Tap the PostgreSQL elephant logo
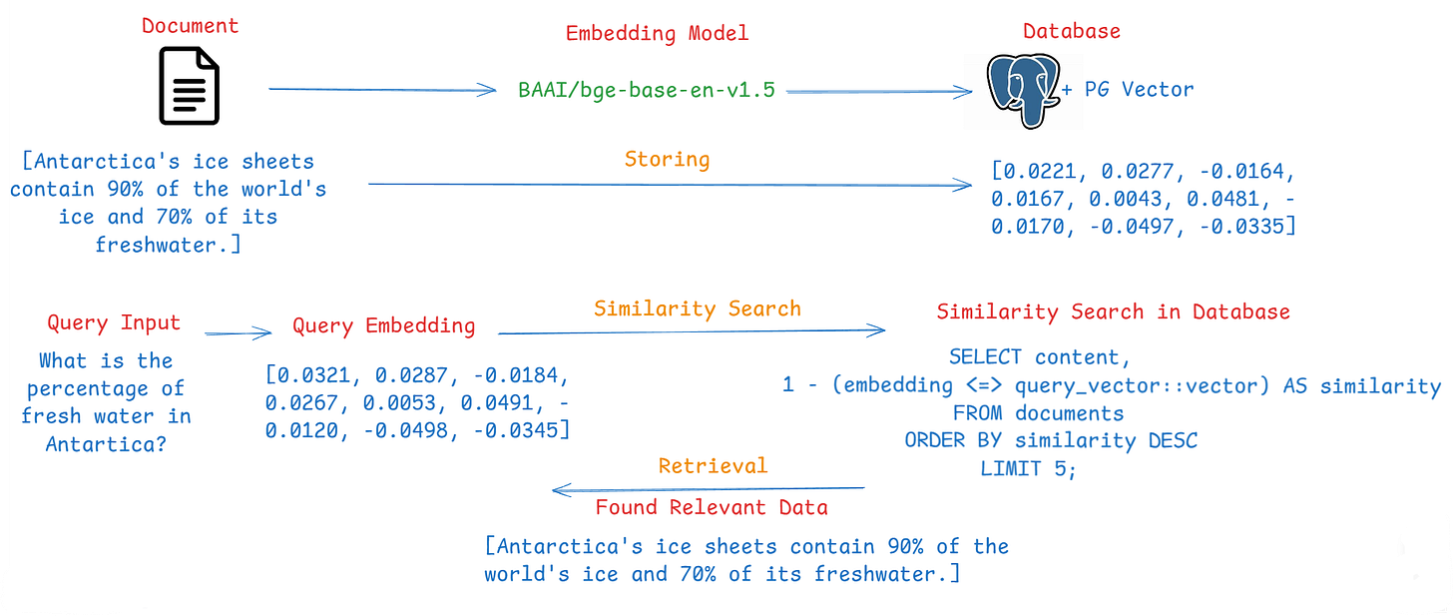[1021, 89]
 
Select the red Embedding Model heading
[657, 34]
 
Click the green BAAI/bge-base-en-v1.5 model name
[646, 90]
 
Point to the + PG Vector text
[1127, 90]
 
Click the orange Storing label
[667, 160]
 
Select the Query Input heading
[114, 323]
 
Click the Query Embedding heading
[383, 326]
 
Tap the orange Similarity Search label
[697, 308]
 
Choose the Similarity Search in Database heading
[1113, 312]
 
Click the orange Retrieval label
[713, 466]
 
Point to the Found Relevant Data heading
[712, 507]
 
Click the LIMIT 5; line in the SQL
[1029, 468]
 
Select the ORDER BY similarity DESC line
[1051, 440]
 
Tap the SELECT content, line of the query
[1039, 356]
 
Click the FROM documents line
[1038, 412]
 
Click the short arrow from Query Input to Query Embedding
[238, 334]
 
